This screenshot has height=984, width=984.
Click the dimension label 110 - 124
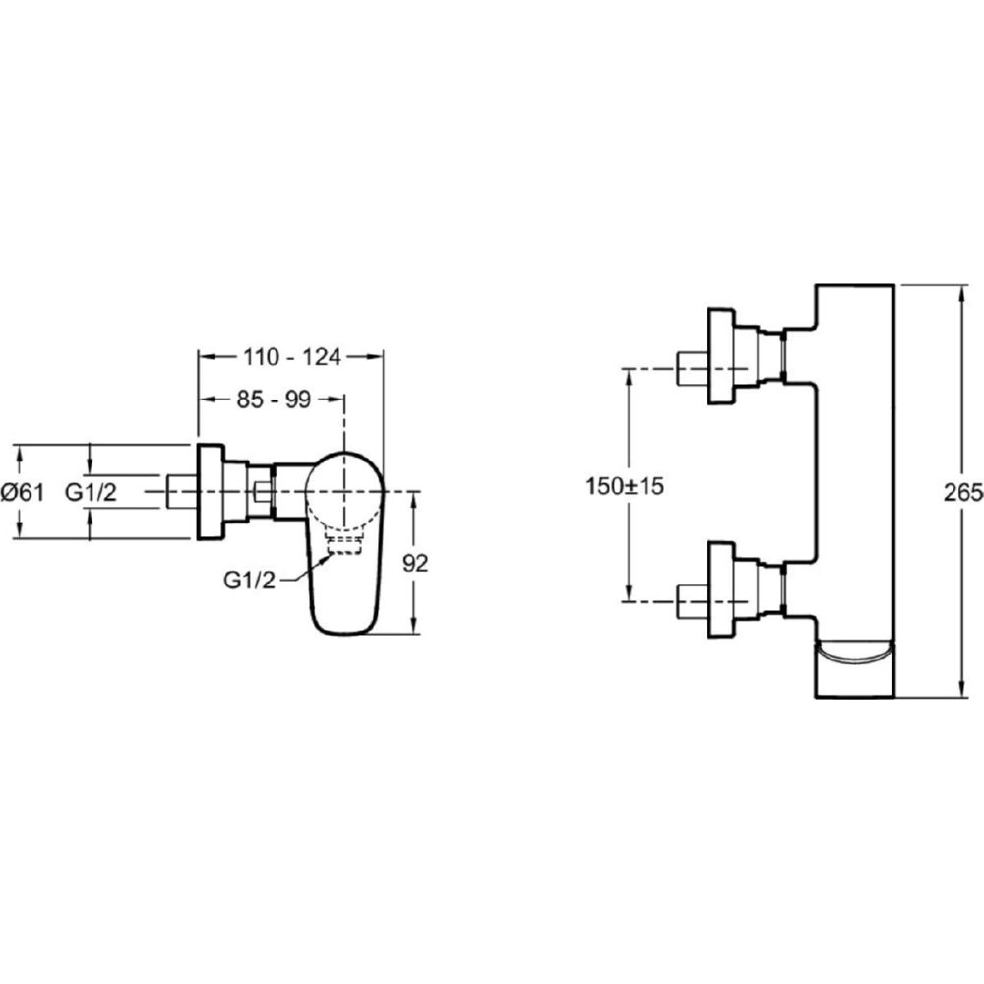tap(292, 357)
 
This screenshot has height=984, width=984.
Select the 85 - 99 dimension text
tap(274, 400)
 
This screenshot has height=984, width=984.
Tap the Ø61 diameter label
tap(23, 493)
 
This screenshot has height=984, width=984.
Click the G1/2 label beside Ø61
tap(91, 493)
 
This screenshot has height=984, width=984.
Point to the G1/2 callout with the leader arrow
tap(249, 581)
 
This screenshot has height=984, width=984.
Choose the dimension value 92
tap(415, 563)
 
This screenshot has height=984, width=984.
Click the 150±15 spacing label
tap(625, 486)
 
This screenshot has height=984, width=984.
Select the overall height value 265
tap(963, 493)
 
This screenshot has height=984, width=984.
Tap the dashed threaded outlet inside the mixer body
tap(344, 545)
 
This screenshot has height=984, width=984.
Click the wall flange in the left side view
tap(211, 491)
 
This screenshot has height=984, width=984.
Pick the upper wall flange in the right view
tap(720, 356)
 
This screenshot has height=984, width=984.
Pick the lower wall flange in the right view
tap(720, 589)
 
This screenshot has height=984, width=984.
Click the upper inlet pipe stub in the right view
tap(692, 368)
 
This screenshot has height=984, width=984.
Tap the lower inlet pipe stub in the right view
tap(692, 602)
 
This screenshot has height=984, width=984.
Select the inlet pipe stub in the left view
tap(182, 491)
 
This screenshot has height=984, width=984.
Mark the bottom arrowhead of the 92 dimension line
tap(413, 626)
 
